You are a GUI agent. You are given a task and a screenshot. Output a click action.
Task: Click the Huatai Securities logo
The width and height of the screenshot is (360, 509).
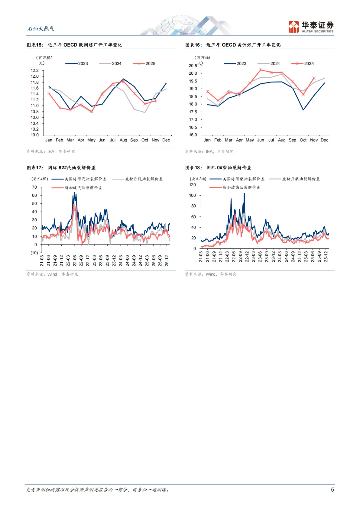click(311, 27)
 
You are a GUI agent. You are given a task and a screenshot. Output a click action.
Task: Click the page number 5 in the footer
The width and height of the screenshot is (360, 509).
click(332, 490)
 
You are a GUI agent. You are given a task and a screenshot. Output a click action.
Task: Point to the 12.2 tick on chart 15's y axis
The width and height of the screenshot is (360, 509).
click(35, 71)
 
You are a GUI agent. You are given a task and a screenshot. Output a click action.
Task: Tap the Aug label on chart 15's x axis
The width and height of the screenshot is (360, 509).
click(123, 140)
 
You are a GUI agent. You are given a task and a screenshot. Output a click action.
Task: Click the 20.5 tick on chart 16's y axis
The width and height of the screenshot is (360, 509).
click(193, 66)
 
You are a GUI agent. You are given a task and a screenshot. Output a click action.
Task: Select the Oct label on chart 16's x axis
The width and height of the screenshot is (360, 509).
click(303, 140)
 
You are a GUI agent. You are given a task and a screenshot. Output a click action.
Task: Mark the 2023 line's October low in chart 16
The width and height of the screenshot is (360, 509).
click(303, 110)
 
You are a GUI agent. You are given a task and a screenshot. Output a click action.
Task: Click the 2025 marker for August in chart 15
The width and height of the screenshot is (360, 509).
click(124, 81)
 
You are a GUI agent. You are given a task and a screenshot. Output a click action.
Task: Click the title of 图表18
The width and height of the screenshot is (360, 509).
click(218, 168)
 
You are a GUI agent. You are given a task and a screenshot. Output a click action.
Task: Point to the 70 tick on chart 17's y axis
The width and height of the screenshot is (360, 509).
click(34, 187)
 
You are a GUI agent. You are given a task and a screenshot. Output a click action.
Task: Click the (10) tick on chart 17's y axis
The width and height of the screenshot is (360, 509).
click(34, 253)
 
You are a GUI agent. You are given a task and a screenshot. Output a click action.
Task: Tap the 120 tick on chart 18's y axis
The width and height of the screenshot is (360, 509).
click(192, 185)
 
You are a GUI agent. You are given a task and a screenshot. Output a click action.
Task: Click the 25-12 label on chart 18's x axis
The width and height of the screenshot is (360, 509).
click(326, 257)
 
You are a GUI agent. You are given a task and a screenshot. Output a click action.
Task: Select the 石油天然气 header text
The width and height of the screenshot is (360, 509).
click(41, 29)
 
